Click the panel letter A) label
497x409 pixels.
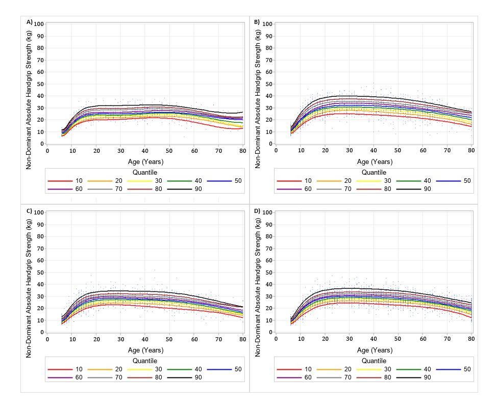pos(29,22)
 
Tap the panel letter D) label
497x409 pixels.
pos(257,210)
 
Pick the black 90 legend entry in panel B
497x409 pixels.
pos(419,188)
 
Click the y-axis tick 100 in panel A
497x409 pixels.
pos(39,23)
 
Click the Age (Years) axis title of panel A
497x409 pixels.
pos(145,161)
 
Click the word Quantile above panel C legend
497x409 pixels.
pos(145,361)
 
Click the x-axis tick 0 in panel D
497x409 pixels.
pos(276,340)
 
